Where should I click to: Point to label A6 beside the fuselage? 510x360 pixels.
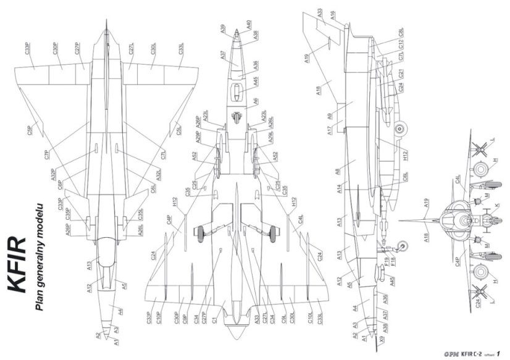pyautogui.click(x=254, y=100)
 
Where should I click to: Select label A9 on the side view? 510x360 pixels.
pyautogui.click(x=330, y=116)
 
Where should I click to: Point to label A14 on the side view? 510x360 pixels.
pyautogui.click(x=340, y=190)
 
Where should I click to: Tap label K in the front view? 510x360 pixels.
pyautogui.click(x=496, y=204)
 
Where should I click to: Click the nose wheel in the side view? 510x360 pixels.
pyautogui.click(x=404, y=245)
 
